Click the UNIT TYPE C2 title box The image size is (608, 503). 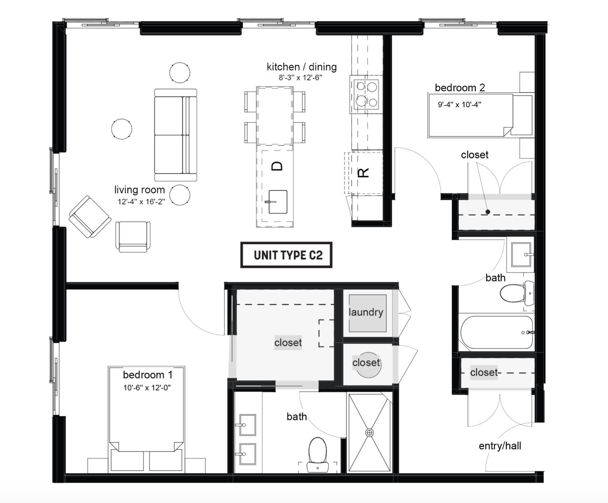(x=286, y=255)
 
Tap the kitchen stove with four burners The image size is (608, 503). (x=366, y=95)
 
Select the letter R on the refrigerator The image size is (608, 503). (x=364, y=172)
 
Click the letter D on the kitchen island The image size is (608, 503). (x=277, y=166)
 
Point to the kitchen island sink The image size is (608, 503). (x=278, y=202)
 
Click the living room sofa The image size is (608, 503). (x=176, y=135)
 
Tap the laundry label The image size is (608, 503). (x=366, y=312)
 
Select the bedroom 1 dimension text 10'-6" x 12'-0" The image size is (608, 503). (x=147, y=388)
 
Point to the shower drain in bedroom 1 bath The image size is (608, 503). (x=369, y=433)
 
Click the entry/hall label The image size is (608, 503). (x=500, y=446)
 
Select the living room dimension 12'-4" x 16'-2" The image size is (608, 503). (x=141, y=202)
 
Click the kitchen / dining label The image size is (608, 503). (x=301, y=67)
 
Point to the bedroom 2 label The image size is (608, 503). (x=460, y=88)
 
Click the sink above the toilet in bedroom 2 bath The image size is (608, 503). (x=521, y=255)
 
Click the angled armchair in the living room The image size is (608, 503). (x=90, y=216)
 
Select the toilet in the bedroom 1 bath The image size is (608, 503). (x=318, y=453)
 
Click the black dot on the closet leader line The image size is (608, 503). (x=488, y=212)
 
